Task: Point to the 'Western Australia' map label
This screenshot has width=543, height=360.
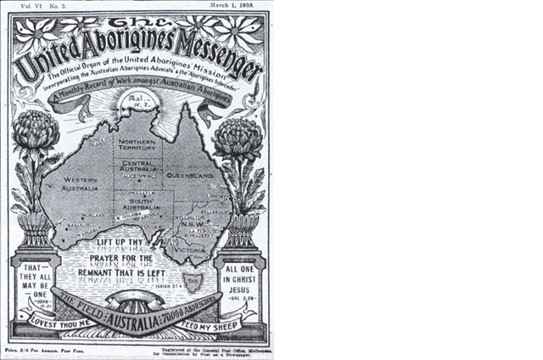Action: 73,183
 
